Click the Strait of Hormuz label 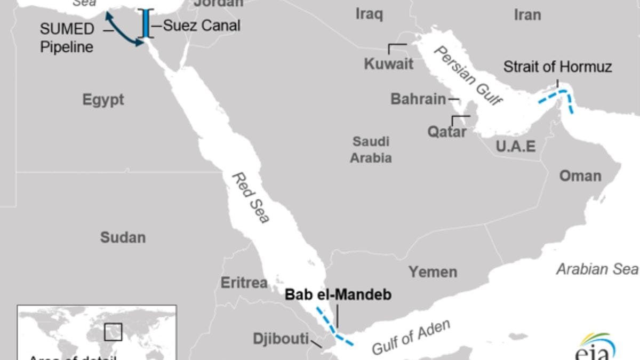557,67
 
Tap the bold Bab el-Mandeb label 338,294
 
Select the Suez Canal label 202,25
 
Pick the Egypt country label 103,100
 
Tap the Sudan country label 123,237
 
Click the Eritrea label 244,283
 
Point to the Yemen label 433,272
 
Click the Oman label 580,176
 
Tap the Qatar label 447,132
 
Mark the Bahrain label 418,99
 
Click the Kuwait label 388,64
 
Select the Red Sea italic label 251,197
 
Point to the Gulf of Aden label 411,337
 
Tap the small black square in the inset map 113,332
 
